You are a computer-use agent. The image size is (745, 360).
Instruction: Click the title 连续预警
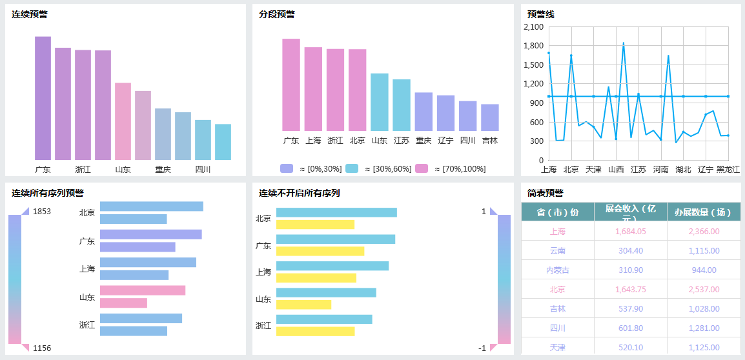pos(29,14)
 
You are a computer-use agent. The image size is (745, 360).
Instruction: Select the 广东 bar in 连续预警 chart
pos(43,98)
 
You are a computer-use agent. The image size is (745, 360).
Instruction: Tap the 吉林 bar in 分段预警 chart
pos(490,117)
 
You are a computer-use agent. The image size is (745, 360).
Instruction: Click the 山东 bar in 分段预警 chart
pos(379,102)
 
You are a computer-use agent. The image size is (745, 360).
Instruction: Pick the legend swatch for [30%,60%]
pos(352,168)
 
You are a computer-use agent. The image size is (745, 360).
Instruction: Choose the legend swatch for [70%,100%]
pos(422,168)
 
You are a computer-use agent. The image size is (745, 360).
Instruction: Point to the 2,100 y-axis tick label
pos(534,27)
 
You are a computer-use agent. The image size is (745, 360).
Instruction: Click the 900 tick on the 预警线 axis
pos(536,103)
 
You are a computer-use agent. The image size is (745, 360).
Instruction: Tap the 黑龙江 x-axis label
pos(728,170)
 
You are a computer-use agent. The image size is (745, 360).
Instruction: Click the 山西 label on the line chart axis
pos(616,170)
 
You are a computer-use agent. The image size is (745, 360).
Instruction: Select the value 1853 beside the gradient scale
pos(42,212)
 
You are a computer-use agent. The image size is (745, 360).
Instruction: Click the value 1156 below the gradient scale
pos(42,348)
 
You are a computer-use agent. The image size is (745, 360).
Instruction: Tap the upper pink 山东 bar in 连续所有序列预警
pos(143,290)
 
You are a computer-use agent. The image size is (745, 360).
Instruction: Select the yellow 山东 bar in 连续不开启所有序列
pos(303,305)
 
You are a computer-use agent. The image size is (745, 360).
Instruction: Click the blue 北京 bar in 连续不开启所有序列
pos(336,212)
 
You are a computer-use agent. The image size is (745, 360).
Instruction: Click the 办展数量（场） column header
pos(703,212)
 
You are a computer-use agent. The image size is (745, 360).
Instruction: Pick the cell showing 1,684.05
pos(629,231)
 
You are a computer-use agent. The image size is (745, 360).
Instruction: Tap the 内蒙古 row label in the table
pos(558,270)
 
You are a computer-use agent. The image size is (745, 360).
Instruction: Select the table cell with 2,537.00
pos(704,289)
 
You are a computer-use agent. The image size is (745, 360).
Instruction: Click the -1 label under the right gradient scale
pos(482,348)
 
